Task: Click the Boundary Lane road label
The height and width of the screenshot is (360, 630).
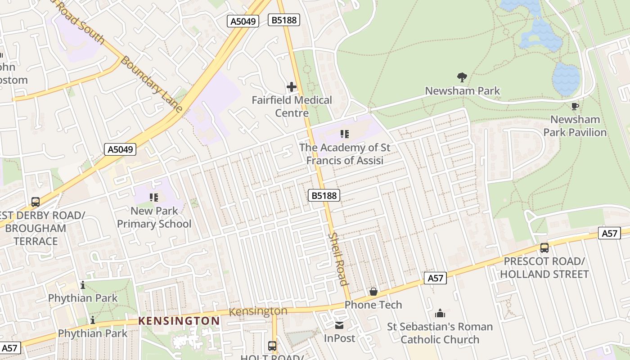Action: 152,84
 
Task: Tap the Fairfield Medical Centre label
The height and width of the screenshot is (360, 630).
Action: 292,106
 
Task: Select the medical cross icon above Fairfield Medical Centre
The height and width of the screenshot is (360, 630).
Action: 292,87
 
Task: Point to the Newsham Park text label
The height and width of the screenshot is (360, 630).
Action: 462,90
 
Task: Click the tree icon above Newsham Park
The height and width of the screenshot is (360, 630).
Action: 462,77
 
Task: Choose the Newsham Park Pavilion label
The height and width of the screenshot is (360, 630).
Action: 575,126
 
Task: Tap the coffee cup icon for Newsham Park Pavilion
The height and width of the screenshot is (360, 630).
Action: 575,107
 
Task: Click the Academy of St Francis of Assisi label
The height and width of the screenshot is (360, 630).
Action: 345,154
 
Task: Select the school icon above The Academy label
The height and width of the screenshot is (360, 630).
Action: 345,134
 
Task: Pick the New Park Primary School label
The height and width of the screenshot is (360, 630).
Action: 154,217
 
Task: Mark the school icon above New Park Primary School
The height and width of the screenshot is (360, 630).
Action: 154,197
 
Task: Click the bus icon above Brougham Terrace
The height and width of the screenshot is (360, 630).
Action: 35,202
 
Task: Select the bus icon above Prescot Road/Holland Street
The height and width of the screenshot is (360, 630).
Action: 544,247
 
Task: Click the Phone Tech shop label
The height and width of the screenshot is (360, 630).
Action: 373,305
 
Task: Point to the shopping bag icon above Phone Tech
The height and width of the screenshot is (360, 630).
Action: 373,292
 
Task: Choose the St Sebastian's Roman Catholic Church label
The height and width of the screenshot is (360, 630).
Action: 440,333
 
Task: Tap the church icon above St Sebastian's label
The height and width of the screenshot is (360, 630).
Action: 440,313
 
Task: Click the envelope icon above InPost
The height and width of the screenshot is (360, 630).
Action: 339,325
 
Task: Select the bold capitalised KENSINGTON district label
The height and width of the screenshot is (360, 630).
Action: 179,321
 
